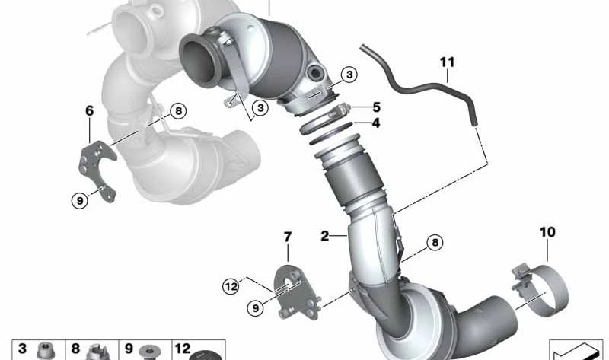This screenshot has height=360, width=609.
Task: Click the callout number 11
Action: point(447,62)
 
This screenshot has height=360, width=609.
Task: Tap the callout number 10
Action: point(547,232)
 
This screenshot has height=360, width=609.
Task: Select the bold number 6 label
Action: point(89,110)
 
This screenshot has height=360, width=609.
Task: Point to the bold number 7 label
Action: point(288,237)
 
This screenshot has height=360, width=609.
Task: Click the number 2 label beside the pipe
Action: point(325,235)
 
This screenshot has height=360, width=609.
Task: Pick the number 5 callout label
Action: point(376,107)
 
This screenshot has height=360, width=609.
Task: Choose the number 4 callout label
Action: point(375,123)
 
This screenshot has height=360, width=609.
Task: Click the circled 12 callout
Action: point(231,287)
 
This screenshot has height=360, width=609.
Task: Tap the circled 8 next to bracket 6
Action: point(178,111)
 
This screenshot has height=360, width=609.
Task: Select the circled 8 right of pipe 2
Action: point(435,243)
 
